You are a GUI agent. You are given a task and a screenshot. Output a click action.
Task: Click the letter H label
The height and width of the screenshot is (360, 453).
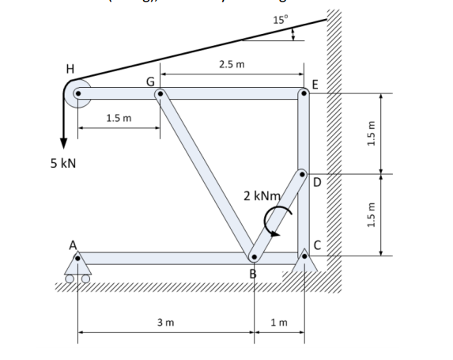point(70,69)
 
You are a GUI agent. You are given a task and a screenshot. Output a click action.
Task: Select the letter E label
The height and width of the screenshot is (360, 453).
point(316,84)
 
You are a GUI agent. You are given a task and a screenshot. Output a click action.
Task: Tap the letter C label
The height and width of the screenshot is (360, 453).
point(317,244)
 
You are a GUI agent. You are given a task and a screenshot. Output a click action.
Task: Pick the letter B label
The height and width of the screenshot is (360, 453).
point(253,274)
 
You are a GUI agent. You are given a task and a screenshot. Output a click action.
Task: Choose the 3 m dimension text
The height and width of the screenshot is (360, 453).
point(165,322)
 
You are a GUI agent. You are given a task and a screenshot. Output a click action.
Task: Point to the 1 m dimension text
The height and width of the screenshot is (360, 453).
point(278,322)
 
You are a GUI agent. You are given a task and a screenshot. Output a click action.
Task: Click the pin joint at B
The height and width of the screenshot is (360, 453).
point(253,257)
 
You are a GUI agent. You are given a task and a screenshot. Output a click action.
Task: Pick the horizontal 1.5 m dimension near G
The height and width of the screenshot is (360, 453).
point(119,118)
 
